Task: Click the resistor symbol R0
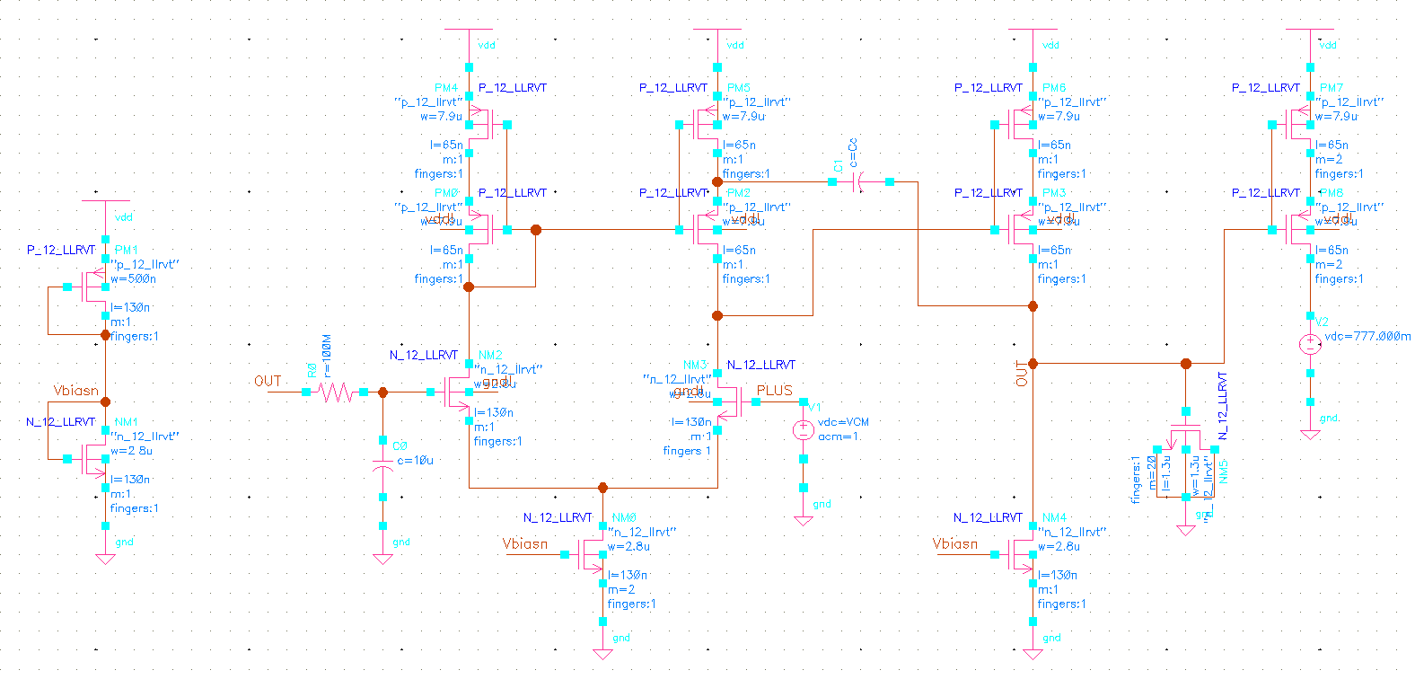[335, 392]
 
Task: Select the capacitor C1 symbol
[860, 182]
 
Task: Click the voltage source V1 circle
[803, 430]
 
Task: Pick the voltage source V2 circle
[1310, 343]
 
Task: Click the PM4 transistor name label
[445, 88]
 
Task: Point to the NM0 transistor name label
[624, 518]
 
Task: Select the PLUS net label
[774, 391]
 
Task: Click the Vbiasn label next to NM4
[954, 544]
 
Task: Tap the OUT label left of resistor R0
[268, 382]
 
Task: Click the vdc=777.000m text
[1367, 337]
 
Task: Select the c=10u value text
[415, 461]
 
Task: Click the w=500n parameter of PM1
[134, 279]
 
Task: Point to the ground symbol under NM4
[1033, 653]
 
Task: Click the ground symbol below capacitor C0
[382, 559]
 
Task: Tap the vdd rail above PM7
[1310, 30]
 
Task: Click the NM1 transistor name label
[126, 422]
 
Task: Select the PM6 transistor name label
[1053, 88]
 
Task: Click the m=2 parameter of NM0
[620, 590]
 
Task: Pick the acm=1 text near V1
[838, 437]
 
